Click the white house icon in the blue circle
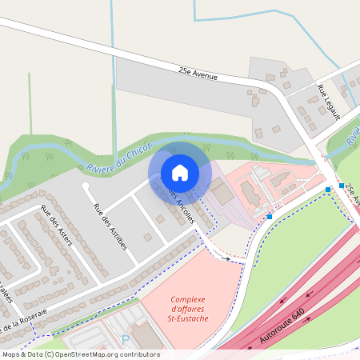(x=179, y=173)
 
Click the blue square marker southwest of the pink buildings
(x=270, y=216)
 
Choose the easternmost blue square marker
(x=342, y=186)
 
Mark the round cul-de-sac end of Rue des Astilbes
(x=86, y=186)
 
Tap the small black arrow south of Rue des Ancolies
(x=229, y=258)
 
